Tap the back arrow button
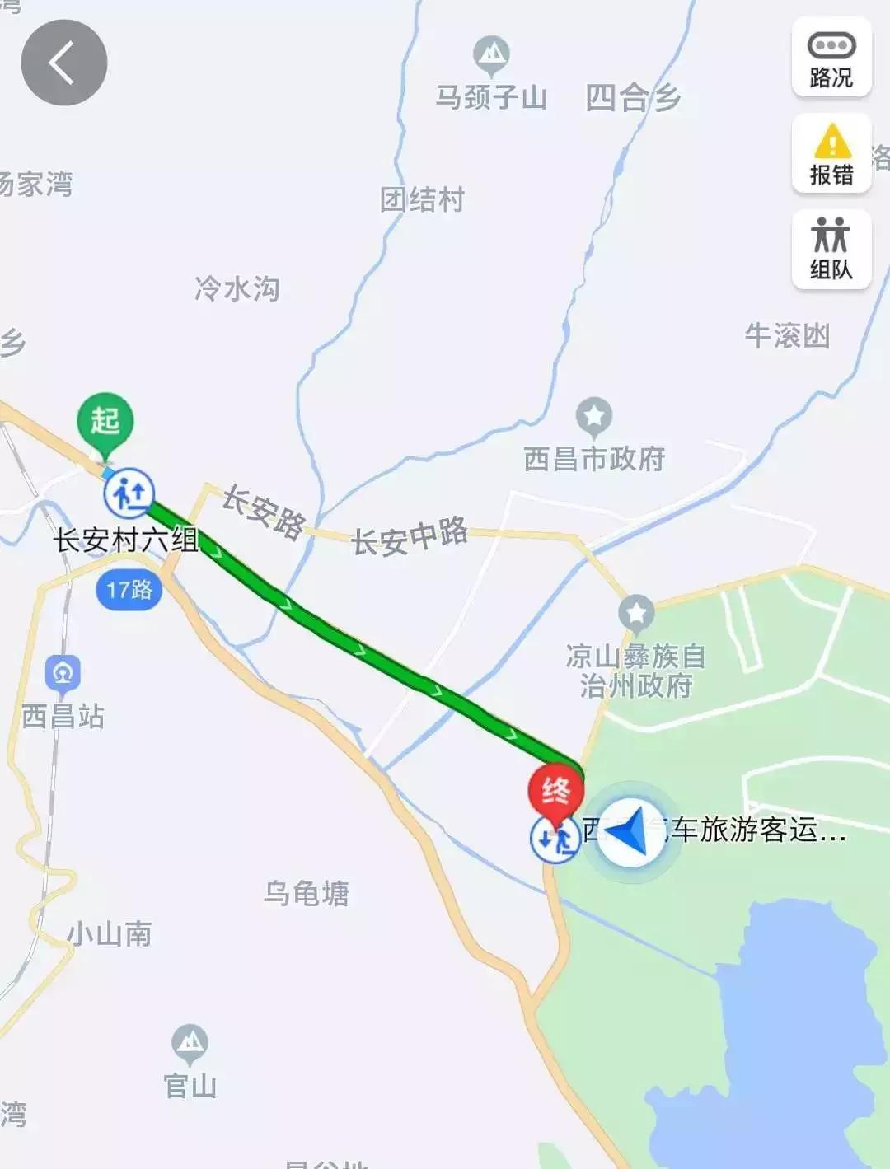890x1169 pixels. click(63, 63)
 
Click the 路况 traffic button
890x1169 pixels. click(831, 58)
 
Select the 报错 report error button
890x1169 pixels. click(831, 154)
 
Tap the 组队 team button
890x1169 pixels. click(831, 250)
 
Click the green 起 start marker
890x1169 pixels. click(105, 423)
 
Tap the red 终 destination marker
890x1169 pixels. click(555, 792)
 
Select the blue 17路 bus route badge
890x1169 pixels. click(129, 590)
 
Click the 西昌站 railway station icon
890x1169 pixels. click(63, 673)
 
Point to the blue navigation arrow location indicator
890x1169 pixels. click(630, 832)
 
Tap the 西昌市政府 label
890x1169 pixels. click(594, 459)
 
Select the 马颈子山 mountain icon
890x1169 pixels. click(492, 54)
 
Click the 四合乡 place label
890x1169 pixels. click(633, 98)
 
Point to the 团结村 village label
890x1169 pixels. click(422, 199)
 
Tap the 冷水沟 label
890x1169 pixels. click(237, 288)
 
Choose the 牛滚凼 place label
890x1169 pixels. click(787, 336)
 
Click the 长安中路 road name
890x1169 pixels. click(410, 536)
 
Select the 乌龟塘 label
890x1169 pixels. click(307, 893)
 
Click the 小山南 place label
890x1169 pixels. click(110, 934)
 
